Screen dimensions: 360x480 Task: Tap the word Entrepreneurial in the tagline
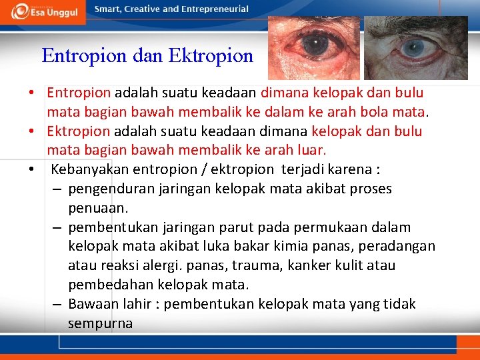pyautogui.click(x=214, y=9)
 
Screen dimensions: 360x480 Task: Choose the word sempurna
pyautogui.click(x=100, y=324)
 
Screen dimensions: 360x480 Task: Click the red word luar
pyautogui.click(x=311, y=150)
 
